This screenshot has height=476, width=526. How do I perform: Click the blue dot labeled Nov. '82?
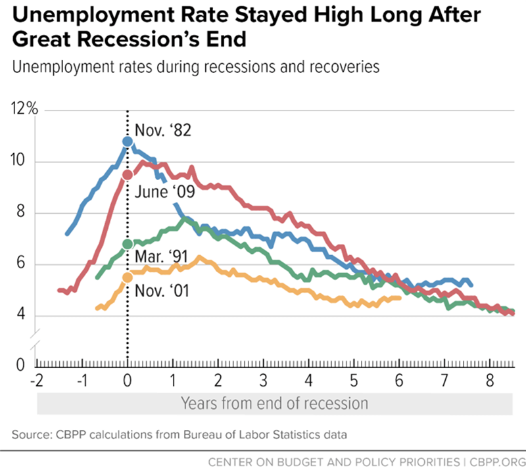[128, 141]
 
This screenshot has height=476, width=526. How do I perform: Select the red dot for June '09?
[128, 175]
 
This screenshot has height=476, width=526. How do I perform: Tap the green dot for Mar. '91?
[128, 244]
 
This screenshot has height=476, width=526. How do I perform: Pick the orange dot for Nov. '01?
[128, 277]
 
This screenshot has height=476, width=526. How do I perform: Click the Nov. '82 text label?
[162, 131]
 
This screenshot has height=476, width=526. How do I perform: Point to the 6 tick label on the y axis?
[22, 264]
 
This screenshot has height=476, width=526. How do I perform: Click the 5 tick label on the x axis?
[354, 381]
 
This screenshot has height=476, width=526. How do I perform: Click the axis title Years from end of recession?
[274, 402]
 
